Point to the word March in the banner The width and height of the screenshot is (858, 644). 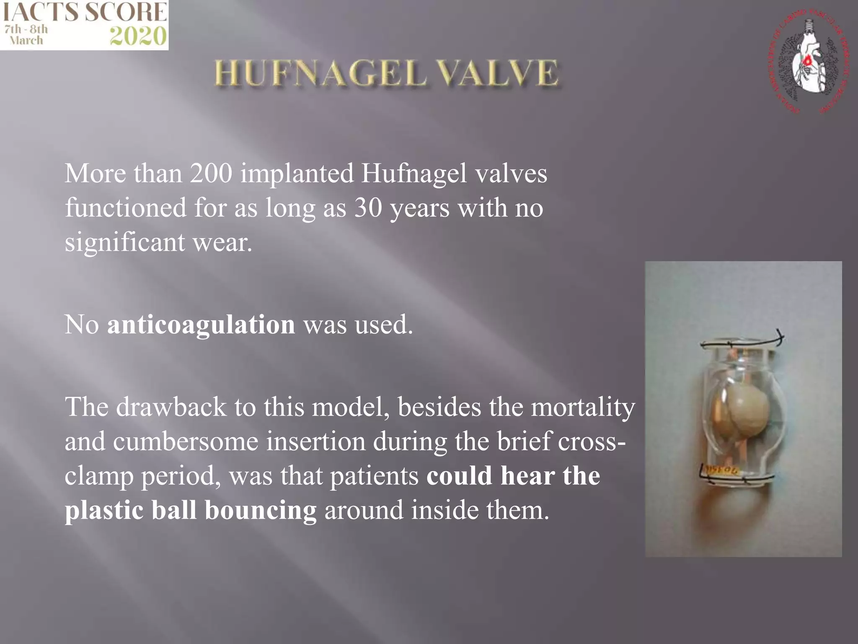[x=26, y=41]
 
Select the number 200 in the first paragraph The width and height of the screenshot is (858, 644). [x=211, y=173]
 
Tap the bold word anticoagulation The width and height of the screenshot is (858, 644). [x=201, y=325]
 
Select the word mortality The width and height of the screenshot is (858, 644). [x=583, y=408]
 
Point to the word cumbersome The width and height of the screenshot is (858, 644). [x=186, y=441]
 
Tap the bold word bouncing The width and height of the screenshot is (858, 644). [x=261, y=510]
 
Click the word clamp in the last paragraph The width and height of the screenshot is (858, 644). [x=98, y=477]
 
